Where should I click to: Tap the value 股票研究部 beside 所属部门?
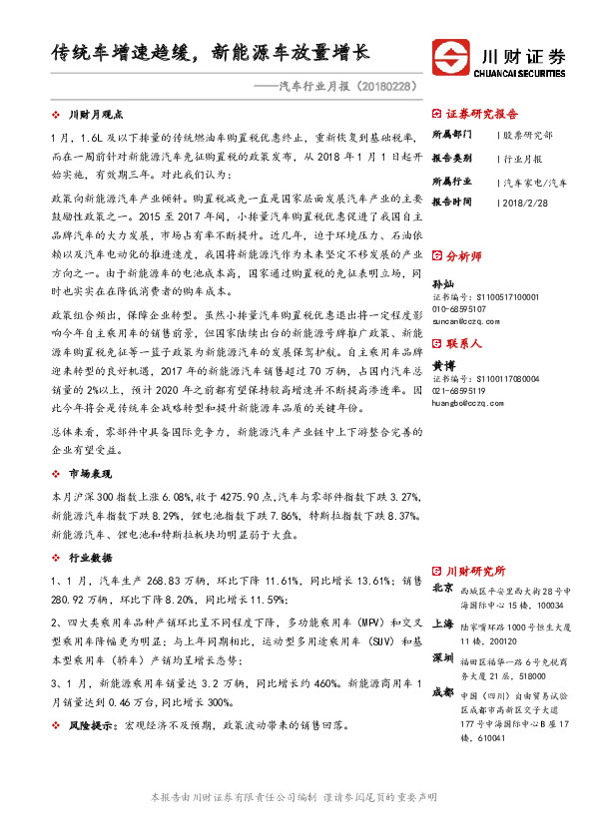pyautogui.click(x=528, y=134)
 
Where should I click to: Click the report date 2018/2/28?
pyautogui.click(x=523, y=202)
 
